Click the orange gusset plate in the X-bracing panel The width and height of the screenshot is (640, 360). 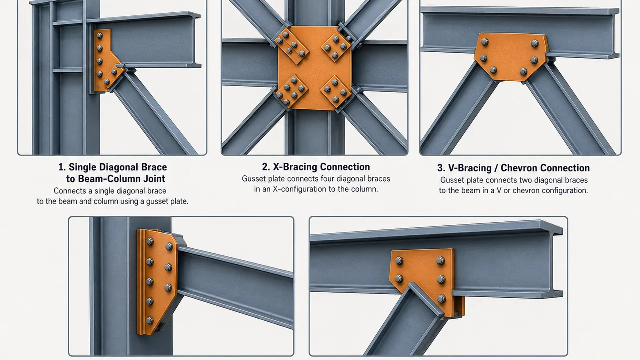point(315,68)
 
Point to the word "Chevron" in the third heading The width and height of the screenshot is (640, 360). point(519,168)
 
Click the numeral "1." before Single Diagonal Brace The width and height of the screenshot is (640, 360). point(62,167)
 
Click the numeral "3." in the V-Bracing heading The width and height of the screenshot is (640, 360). point(441,168)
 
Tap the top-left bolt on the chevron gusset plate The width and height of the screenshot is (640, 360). point(485,42)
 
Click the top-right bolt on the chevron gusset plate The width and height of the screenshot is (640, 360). point(535,43)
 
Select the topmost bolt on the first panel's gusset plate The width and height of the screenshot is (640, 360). point(99,35)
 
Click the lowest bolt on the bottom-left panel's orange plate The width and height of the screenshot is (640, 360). point(150,320)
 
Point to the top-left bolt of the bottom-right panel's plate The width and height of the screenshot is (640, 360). point(399,261)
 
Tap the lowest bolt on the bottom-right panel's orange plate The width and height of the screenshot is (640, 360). point(441,299)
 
